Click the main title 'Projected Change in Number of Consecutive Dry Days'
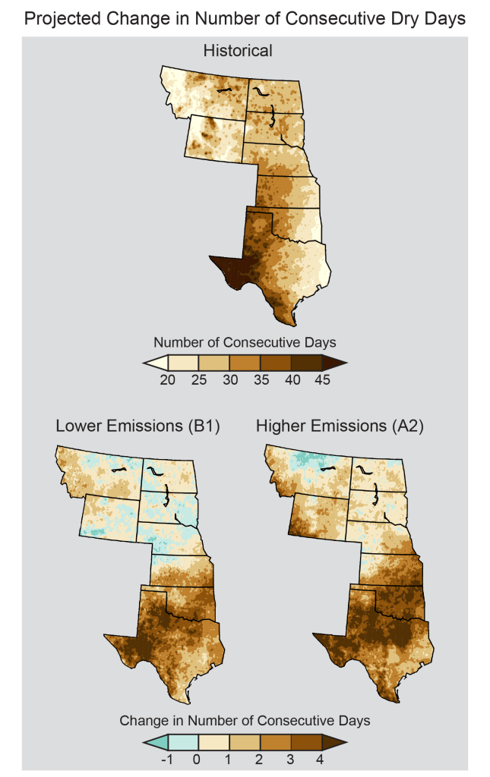click(x=245, y=19)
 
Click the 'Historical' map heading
click(x=237, y=52)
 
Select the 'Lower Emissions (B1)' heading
click(x=138, y=426)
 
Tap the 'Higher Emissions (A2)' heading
click(x=340, y=426)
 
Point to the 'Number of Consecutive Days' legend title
click(x=245, y=341)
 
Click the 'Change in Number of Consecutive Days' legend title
click(x=245, y=720)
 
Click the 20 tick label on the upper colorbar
click(x=168, y=380)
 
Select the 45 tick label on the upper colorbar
click(x=321, y=380)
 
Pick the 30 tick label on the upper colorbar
click(x=229, y=380)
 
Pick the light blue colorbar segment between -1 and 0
click(x=183, y=741)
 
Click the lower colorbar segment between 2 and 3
click(x=275, y=741)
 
